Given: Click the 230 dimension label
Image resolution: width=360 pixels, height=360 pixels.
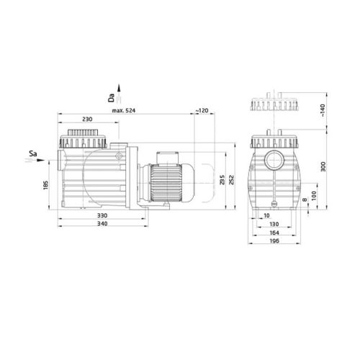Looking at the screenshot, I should [x=86, y=120].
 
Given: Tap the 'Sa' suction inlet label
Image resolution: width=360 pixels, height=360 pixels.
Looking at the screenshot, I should [x=33, y=153].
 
